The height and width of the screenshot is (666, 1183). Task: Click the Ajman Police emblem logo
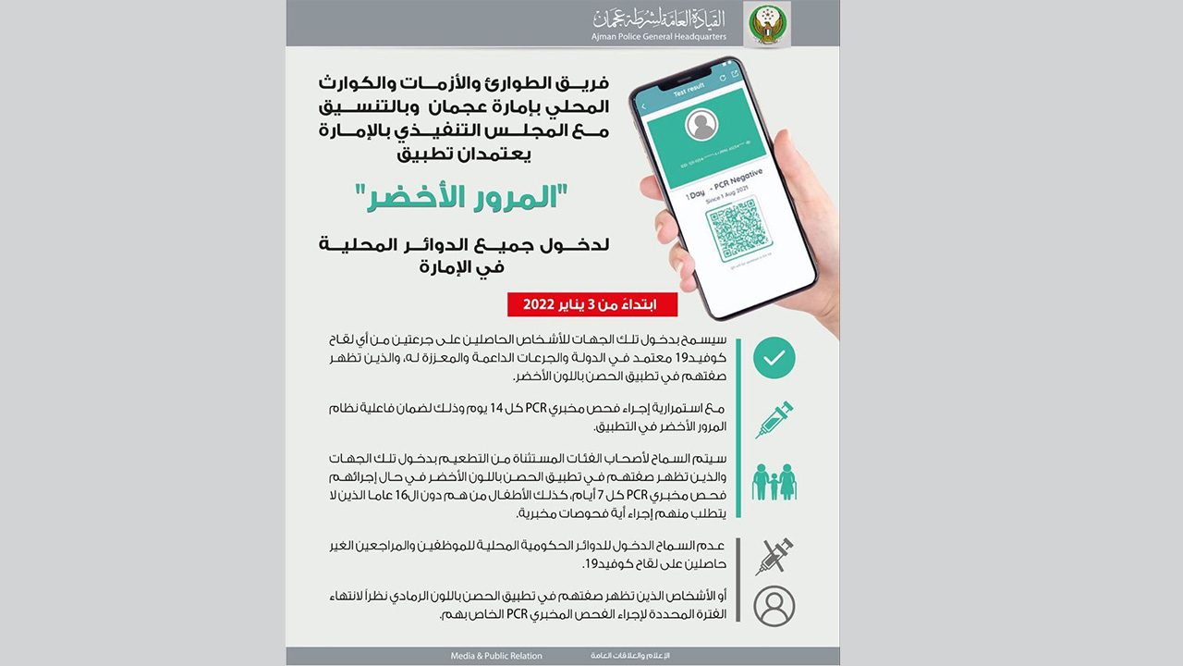(766, 24)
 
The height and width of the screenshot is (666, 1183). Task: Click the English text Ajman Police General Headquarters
(659, 37)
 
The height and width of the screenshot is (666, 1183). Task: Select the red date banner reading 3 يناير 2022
(591, 304)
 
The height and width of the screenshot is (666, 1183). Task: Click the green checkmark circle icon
(774, 358)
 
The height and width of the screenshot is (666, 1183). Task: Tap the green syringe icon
(774, 419)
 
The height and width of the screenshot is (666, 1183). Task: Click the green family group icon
(774, 481)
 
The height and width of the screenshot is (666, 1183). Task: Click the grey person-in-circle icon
(774, 606)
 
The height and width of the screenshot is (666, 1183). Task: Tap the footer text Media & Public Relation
(496, 656)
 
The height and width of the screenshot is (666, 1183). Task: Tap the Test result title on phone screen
(689, 88)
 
